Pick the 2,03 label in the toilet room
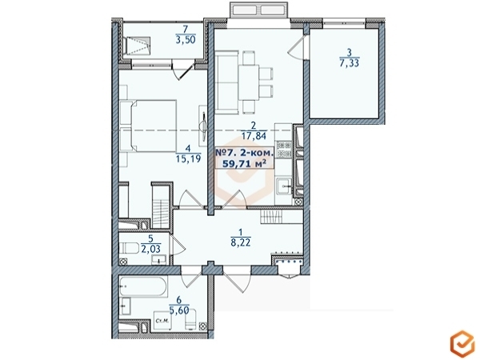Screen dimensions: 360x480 point(150,248)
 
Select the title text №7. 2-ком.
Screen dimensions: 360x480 point(246,151)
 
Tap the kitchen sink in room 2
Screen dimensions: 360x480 point(284,188)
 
